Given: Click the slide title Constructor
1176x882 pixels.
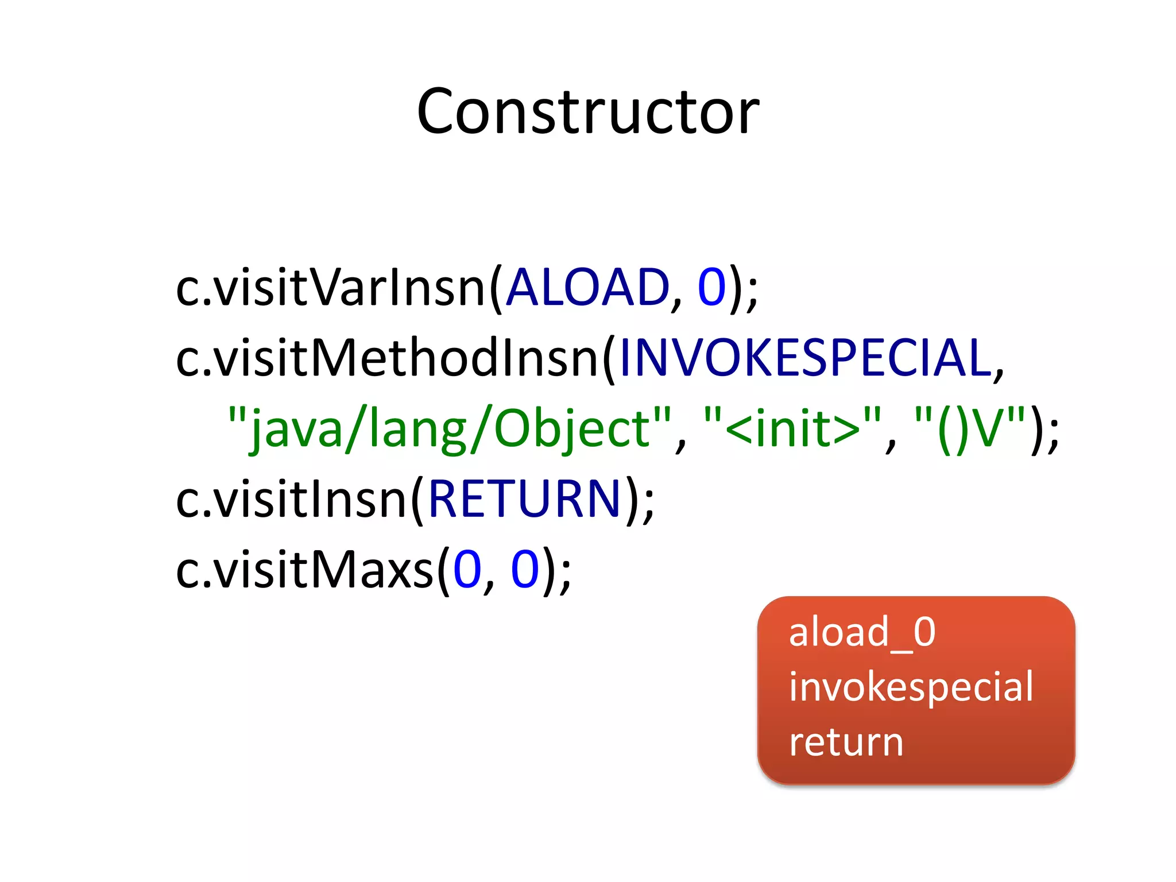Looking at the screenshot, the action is pyautogui.click(x=588, y=111).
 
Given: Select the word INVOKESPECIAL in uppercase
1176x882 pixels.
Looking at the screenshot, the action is pyautogui.click(x=806, y=358).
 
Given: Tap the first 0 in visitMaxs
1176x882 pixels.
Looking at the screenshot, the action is pyautogui.click(x=467, y=570).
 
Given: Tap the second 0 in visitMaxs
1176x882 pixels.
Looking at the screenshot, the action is pyautogui.click(x=525, y=570).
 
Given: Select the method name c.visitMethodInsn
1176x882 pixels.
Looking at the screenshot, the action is pyautogui.click(x=388, y=358).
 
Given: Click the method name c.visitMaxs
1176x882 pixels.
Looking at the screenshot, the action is pyautogui.click(x=305, y=570).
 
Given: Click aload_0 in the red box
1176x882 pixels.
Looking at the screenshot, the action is pyautogui.click(x=862, y=633).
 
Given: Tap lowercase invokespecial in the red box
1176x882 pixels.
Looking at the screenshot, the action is pyautogui.click(x=911, y=687).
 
